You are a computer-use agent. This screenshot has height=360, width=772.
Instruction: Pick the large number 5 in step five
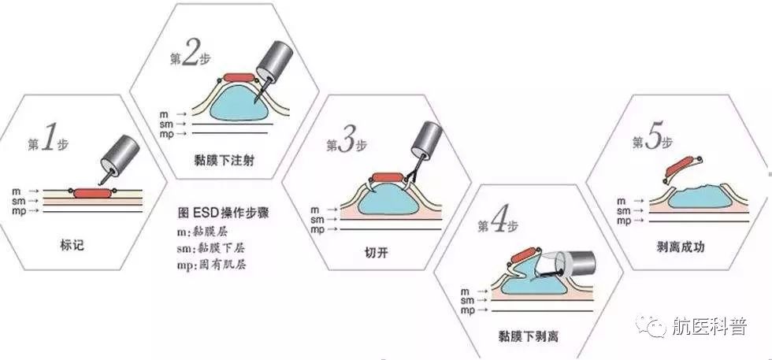[653, 140]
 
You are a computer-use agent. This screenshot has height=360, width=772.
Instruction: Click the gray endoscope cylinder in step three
[429, 139]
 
